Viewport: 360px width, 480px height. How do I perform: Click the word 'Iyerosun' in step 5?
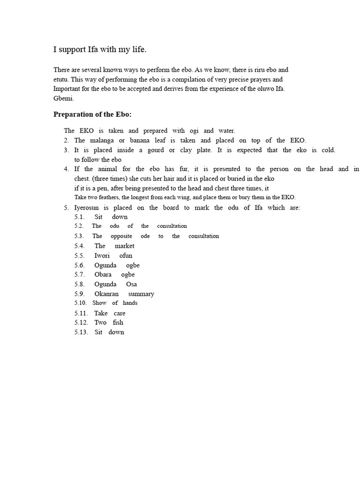click(87, 207)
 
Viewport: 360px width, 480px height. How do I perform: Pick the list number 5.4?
click(79, 246)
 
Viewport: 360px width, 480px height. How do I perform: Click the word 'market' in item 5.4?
click(124, 246)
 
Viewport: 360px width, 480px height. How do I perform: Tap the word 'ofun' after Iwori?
click(126, 255)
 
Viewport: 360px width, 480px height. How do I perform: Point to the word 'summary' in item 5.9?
click(141, 294)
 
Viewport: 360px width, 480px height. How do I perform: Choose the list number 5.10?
click(81, 303)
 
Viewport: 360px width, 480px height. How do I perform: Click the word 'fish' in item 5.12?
click(118, 322)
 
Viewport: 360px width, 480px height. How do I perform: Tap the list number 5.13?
click(81, 332)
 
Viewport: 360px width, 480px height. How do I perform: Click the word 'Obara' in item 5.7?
click(103, 274)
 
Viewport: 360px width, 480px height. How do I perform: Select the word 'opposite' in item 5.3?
click(121, 236)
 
